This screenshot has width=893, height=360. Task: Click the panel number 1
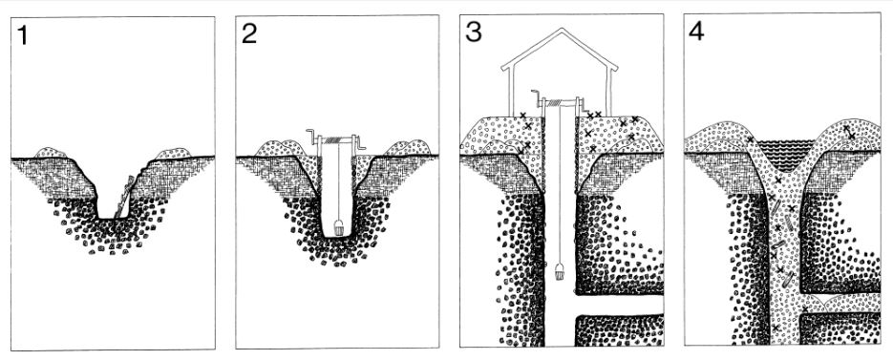pyautogui.click(x=23, y=35)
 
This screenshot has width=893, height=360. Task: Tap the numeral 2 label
pyautogui.click(x=249, y=34)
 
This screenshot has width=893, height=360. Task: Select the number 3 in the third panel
pyautogui.click(x=474, y=32)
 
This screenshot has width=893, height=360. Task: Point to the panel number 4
pyautogui.click(x=696, y=32)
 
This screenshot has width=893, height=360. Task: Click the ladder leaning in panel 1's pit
pyautogui.click(x=124, y=197)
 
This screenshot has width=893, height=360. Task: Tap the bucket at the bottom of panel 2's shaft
pyautogui.click(x=338, y=229)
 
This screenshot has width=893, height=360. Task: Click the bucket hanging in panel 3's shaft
pyautogui.click(x=560, y=272)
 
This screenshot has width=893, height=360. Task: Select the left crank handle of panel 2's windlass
pyautogui.click(x=312, y=137)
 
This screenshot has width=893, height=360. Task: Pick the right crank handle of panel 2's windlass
pyautogui.click(x=360, y=144)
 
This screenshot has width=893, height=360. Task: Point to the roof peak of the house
pyautogui.click(x=561, y=29)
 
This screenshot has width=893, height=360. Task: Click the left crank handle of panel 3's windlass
pyautogui.click(x=537, y=97)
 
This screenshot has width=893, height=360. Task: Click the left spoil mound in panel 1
pyautogui.click(x=51, y=152)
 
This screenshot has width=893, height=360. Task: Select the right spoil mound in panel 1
pyautogui.click(x=173, y=153)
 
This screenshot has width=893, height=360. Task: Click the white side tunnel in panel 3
pyautogui.click(x=618, y=305)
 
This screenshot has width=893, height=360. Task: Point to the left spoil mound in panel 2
pyautogui.click(x=277, y=148)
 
